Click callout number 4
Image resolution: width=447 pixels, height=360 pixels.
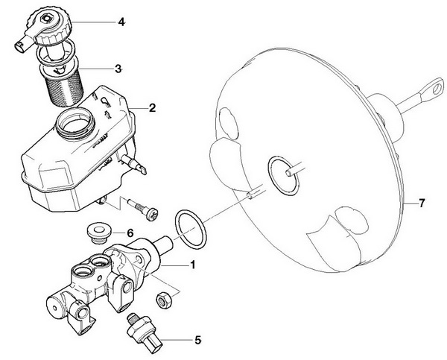click(x=121, y=22)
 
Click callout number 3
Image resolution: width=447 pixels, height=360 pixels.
click(x=118, y=68)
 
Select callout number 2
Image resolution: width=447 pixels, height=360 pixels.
click(x=151, y=108)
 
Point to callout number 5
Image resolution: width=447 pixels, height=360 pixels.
click(x=197, y=341)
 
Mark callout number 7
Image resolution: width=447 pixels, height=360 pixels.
click(x=422, y=203)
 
